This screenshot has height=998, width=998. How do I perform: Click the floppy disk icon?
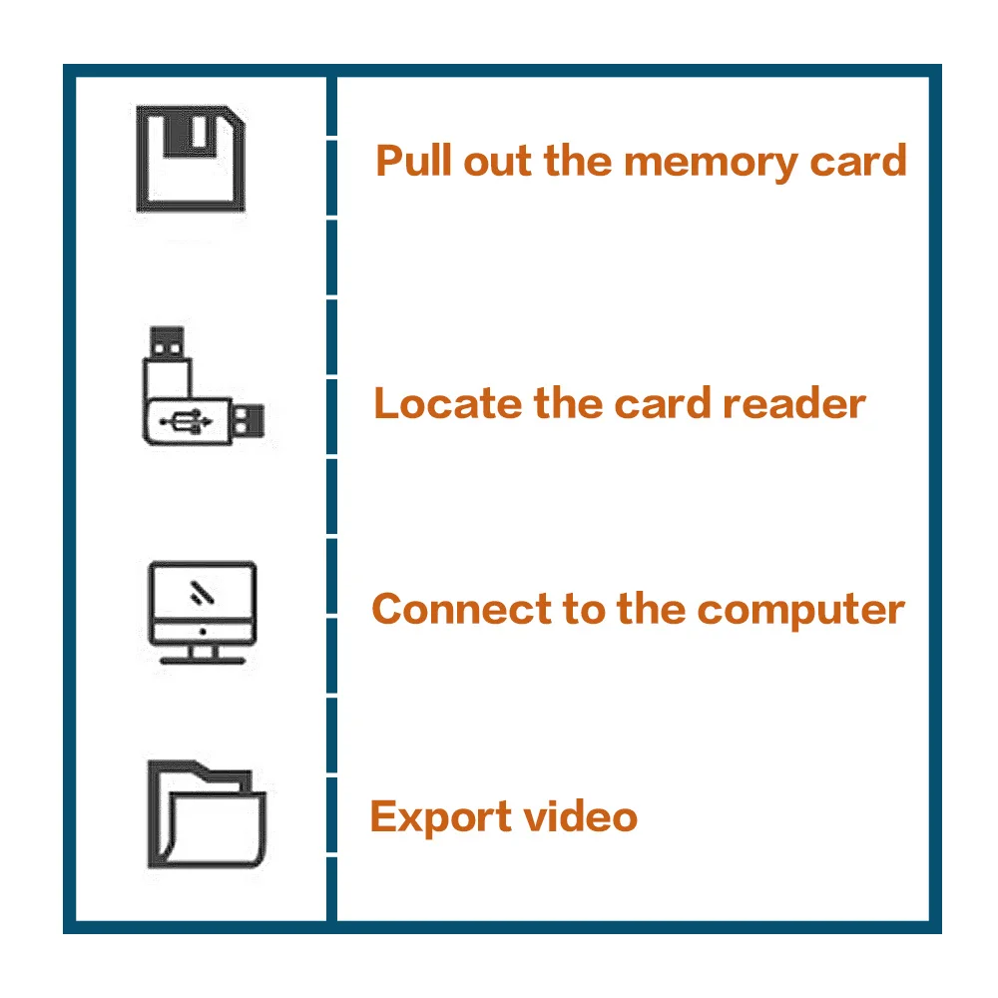point(190,160)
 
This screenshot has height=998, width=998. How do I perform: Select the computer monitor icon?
point(202,611)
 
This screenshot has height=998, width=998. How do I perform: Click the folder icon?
point(207,814)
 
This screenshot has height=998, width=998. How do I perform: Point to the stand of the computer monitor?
point(202,654)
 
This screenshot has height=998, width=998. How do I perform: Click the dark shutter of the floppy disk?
point(190,132)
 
